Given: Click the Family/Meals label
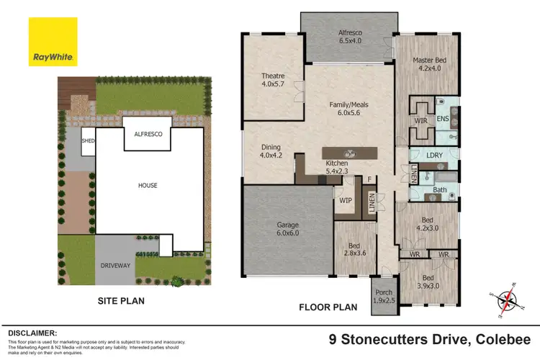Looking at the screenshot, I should [x=348, y=109].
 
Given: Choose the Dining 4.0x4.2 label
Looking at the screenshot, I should [x=272, y=151].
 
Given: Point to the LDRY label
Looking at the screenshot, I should [x=434, y=155].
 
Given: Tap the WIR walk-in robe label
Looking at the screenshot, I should [x=420, y=121].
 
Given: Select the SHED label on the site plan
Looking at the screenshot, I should [x=89, y=141].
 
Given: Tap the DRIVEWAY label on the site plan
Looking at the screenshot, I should [x=114, y=266].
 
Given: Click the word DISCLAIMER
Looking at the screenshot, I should [x=32, y=333].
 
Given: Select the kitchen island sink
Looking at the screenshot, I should [x=350, y=153].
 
